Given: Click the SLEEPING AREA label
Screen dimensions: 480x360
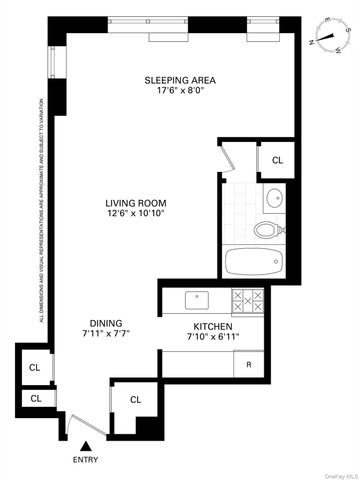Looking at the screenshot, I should coord(180,80).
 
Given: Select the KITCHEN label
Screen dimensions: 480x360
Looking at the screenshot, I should coord(213,327).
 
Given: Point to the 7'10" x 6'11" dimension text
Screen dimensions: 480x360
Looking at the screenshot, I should coord(213,339).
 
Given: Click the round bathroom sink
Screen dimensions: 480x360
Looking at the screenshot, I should coord(274,197).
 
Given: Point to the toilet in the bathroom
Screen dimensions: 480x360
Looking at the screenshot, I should coord(267,230).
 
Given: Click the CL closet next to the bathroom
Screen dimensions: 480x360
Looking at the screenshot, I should coord(277,158).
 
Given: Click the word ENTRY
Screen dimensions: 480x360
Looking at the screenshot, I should coord(87,459).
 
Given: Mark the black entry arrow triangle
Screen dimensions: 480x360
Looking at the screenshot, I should coord(87,446).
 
